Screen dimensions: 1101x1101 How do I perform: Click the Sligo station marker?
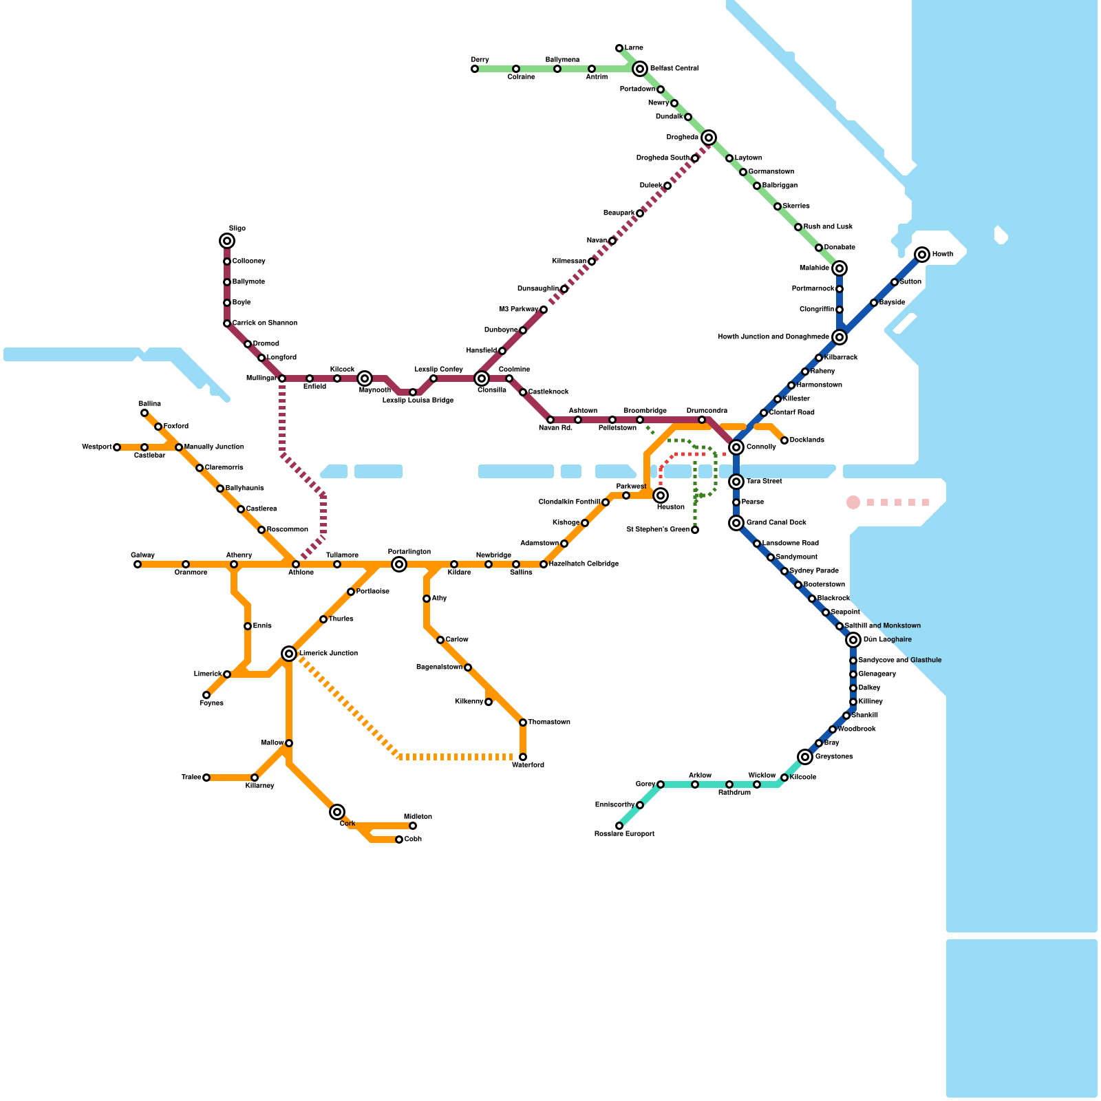[227, 241]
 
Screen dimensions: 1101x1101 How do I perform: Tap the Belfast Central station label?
[674, 69]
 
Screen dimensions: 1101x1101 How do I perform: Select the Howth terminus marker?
[922, 255]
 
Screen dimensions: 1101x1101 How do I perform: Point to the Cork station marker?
[337, 812]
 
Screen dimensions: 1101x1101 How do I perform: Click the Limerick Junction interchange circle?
[289, 654]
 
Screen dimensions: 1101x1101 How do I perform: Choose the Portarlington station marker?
[399, 564]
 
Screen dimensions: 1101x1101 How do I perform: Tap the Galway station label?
[143, 555]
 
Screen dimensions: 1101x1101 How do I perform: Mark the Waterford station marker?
[523, 757]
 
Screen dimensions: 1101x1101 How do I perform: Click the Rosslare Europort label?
[624, 834]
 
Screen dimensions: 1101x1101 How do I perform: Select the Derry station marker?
[475, 69]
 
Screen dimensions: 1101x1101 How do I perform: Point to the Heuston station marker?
[661, 495]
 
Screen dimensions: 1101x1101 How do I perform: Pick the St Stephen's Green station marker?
[695, 530]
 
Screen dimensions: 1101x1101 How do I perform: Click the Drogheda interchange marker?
[709, 138]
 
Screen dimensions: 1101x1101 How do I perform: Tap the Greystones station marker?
[805, 757]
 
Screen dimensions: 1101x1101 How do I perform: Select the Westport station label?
[96, 447]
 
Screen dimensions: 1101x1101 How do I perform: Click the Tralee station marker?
[206, 778]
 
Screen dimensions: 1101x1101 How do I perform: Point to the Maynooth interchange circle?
[365, 378]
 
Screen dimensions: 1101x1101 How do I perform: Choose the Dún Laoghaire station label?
[888, 640]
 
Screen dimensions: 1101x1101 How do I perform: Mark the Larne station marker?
[619, 48]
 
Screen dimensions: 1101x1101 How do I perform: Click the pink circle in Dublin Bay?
[853, 502]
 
